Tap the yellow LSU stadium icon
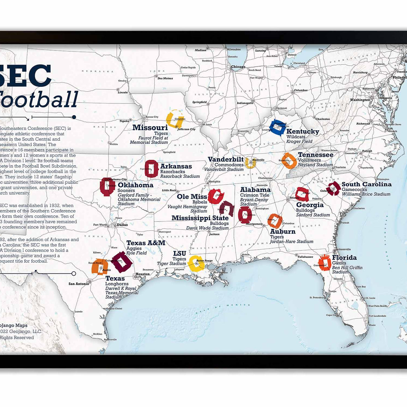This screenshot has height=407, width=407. click(196, 263)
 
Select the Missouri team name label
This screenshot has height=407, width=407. click(150, 128)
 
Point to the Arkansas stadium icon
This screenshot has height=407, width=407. click(151, 169)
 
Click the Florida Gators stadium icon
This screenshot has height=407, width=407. click(325, 263)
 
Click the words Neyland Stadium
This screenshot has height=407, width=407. click(315, 165)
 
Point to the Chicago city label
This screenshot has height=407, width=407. click(238, 67)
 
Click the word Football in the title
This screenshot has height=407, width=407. click(39, 99)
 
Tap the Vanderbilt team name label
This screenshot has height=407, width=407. click(226, 159)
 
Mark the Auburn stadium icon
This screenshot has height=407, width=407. click(275, 221)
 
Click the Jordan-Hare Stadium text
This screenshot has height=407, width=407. click(291, 241)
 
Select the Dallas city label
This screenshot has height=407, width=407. click(122, 225)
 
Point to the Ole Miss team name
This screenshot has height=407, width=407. click(192, 197)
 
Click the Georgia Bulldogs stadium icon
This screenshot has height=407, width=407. click(302, 194)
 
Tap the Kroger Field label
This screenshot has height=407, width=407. click(299, 141)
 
